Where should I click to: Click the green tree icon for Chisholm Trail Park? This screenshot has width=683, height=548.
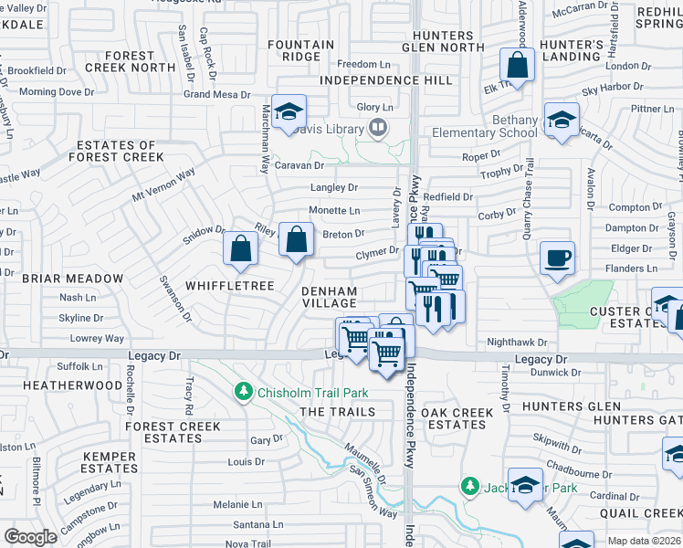[243, 392]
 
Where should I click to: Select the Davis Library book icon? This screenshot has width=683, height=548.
[376, 129]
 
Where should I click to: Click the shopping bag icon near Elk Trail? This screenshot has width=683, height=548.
[517, 66]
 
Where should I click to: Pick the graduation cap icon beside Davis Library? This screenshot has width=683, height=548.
[289, 112]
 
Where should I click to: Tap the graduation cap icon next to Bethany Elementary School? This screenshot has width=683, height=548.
[562, 119]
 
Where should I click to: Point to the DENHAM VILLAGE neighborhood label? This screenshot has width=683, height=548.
[330, 296]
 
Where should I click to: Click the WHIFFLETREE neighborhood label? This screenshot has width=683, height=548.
[230, 286]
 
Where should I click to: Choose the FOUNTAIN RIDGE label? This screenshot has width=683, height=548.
[301, 50]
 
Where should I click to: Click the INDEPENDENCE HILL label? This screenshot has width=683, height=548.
[386, 80]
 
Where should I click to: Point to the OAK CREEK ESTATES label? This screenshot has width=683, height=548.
[461, 418]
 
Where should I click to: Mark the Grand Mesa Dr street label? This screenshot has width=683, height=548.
[216, 94]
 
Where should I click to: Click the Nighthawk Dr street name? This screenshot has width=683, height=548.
[517, 342]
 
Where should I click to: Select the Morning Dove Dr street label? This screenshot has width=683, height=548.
[57, 91]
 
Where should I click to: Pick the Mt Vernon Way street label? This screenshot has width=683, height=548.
[163, 184]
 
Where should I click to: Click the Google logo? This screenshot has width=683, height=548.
[30, 537]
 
